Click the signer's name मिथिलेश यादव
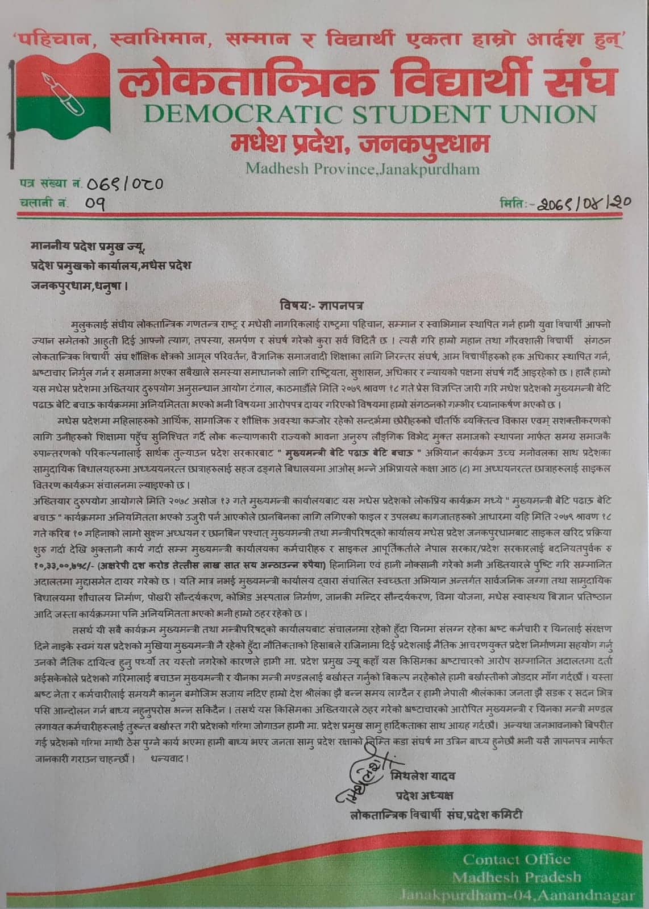click(423, 775)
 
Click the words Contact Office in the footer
click(516, 858)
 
